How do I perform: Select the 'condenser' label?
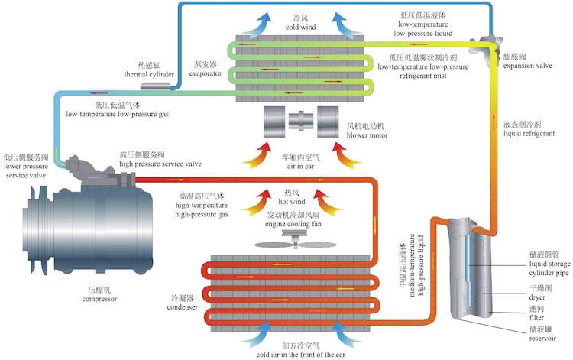(183, 308)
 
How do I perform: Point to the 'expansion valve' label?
(526, 66)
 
